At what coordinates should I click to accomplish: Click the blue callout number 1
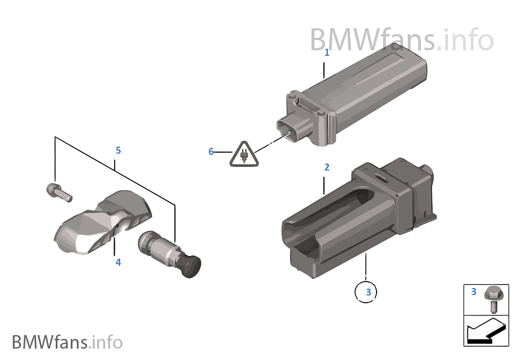(x=326, y=53)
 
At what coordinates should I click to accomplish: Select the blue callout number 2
(x=326, y=167)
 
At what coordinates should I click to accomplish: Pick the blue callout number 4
(x=118, y=263)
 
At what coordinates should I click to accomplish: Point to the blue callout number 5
(x=118, y=150)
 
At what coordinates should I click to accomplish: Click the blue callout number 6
(x=211, y=152)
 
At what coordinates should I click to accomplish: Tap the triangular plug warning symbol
(x=244, y=154)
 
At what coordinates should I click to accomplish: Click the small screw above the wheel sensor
(x=59, y=193)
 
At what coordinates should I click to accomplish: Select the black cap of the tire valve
(x=191, y=266)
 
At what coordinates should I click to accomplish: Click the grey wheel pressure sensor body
(x=102, y=221)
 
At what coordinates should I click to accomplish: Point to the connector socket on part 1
(x=288, y=130)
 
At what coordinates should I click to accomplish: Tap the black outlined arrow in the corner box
(x=486, y=331)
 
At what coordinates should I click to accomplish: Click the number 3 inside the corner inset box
(x=473, y=291)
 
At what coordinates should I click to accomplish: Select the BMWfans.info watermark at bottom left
(x=67, y=342)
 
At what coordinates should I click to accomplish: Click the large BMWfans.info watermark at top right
(x=401, y=40)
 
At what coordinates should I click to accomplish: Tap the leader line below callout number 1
(x=324, y=70)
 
